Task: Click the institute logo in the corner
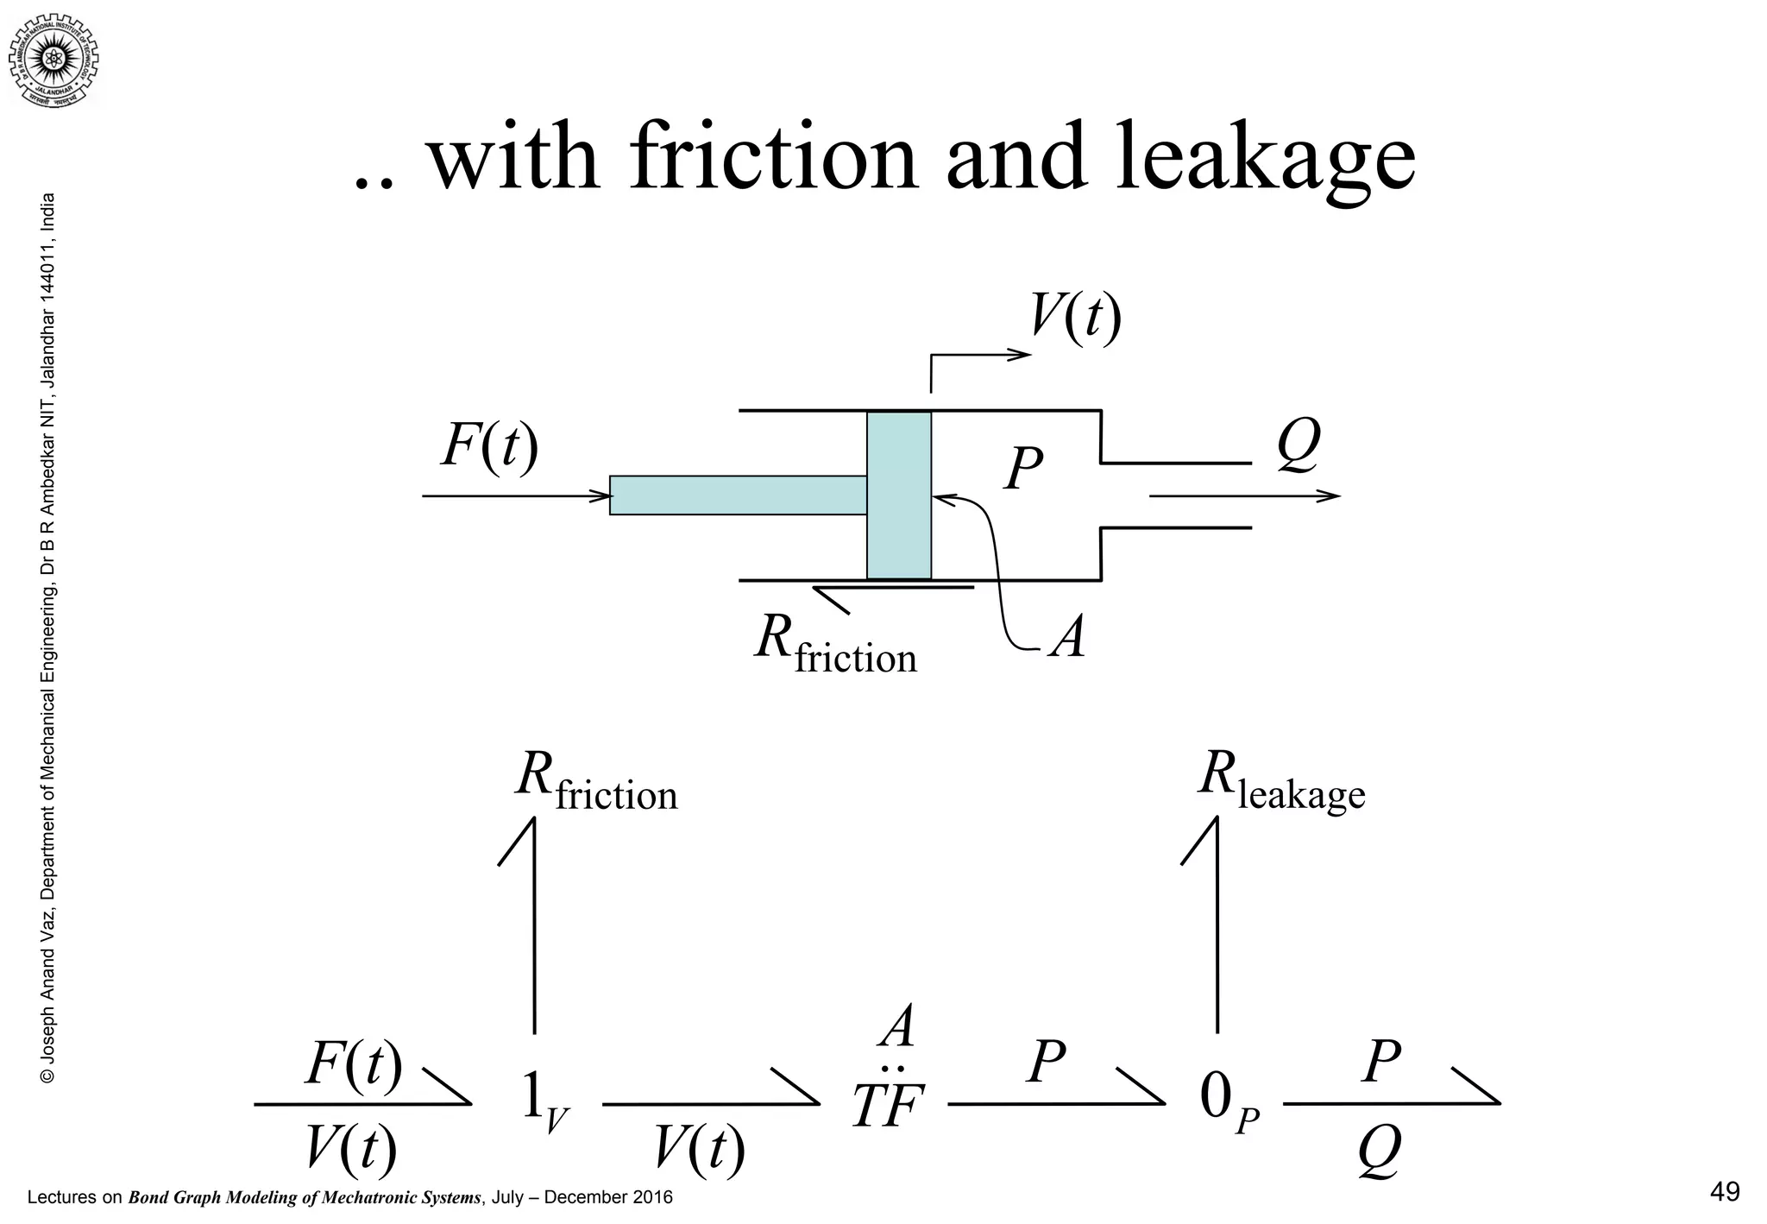tap(53, 57)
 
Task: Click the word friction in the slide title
tap(774, 159)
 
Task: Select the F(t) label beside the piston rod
tap(489, 446)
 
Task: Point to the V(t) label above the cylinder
tap(1075, 318)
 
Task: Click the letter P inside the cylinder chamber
tap(1023, 470)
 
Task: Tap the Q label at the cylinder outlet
tap(1298, 445)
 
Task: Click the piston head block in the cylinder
tap(899, 495)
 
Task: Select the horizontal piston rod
tap(738, 495)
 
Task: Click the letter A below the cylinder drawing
tap(1068, 640)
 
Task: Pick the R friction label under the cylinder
tap(834, 645)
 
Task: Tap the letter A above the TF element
tap(897, 1027)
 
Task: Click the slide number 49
tap(1724, 1192)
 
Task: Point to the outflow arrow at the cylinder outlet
tap(1244, 495)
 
